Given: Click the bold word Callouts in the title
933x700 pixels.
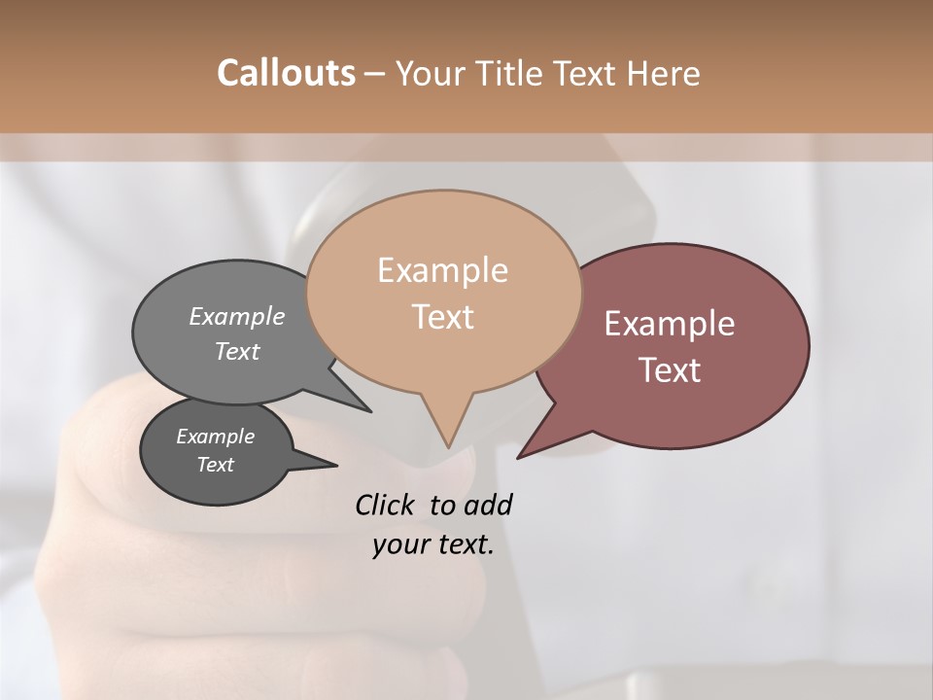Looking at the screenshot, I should coord(286,73).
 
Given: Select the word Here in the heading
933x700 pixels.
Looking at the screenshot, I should coord(663,73).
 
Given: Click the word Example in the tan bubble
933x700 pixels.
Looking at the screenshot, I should coord(442,270).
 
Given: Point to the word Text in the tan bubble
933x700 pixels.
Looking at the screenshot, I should coord(442,317).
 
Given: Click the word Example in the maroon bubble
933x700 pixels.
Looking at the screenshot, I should coord(670,324).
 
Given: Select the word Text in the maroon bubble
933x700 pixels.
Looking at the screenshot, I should coord(670,370).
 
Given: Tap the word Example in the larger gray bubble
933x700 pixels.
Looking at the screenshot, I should coord(237,317).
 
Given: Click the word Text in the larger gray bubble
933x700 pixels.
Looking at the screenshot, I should coord(237,352).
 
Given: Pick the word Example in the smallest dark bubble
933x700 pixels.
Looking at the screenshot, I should coord(215,437).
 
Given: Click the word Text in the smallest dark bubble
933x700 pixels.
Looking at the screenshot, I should coord(215,465).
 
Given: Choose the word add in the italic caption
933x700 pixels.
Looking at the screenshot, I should coord(487,505).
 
